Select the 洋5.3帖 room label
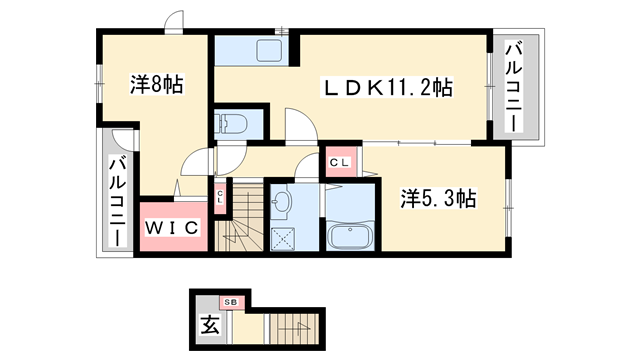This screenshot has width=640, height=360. coord(438,198)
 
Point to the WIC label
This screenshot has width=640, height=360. coord(173,228)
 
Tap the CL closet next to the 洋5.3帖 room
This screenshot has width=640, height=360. coord(338,161)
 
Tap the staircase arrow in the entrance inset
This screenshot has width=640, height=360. coord(296,325)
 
